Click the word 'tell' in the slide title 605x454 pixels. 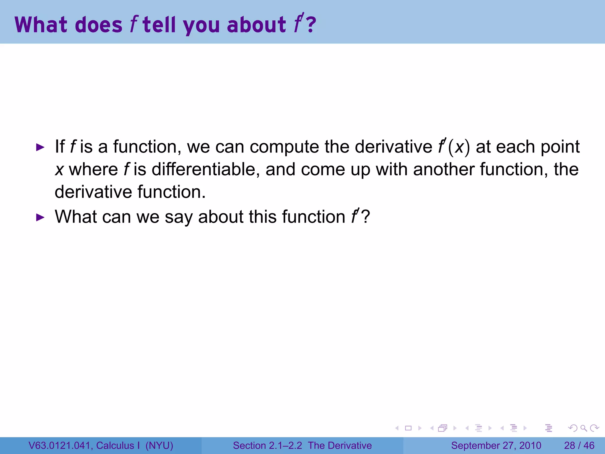click(159, 25)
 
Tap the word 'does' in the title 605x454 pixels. click(99, 25)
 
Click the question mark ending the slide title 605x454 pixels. click(311, 25)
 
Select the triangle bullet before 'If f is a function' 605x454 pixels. click(40, 147)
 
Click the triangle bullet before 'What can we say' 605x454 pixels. click(40, 218)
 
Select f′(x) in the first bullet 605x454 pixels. click(454, 147)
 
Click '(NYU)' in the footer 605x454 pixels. click(159, 445)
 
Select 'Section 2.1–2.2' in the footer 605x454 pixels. click(267, 445)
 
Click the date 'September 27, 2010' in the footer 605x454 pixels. click(496, 445)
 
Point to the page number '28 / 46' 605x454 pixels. click(579, 445)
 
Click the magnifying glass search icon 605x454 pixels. click(583, 428)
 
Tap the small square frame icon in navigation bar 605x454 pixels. click(408, 428)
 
